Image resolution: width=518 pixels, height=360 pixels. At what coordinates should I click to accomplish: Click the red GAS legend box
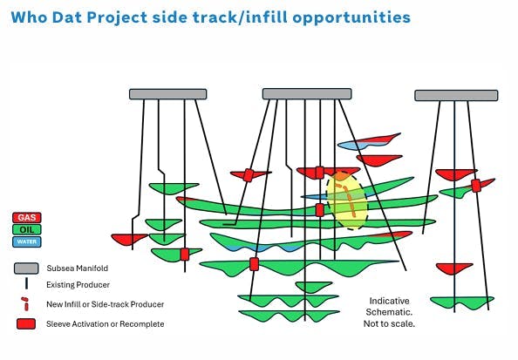[x=28, y=217]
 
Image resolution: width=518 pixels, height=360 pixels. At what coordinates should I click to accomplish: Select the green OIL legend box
[x=28, y=229]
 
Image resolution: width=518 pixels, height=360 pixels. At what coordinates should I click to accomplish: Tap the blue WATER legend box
[x=28, y=241]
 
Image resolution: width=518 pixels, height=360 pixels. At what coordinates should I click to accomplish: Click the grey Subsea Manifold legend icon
[x=27, y=268]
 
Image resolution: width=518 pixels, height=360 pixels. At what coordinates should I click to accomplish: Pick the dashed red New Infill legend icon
[x=27, y=304]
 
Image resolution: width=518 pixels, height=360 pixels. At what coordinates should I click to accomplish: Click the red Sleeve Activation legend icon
[x=27, y=324]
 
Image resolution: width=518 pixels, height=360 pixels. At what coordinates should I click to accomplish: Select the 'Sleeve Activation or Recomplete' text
[x=106, y=324]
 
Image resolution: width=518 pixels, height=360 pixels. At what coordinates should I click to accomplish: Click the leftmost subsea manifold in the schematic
[x=167, y=93]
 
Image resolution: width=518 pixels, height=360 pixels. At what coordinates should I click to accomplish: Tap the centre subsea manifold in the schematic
[x=306, y=93]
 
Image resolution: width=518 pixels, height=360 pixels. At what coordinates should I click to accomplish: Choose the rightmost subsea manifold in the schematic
[x=456, y=95]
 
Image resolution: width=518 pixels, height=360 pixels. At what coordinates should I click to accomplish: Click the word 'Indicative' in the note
[x=390, y=300]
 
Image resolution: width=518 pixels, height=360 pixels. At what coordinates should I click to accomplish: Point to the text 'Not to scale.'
[x=389, y=323]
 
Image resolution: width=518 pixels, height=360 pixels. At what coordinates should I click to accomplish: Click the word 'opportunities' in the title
[x=349, y=17]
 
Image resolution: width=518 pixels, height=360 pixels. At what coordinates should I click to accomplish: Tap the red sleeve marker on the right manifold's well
[x=476, y=186]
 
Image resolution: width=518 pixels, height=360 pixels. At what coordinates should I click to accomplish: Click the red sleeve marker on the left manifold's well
[x=184, y=254]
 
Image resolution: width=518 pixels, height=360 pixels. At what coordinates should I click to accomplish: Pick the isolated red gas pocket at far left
[x=129, y=239]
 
